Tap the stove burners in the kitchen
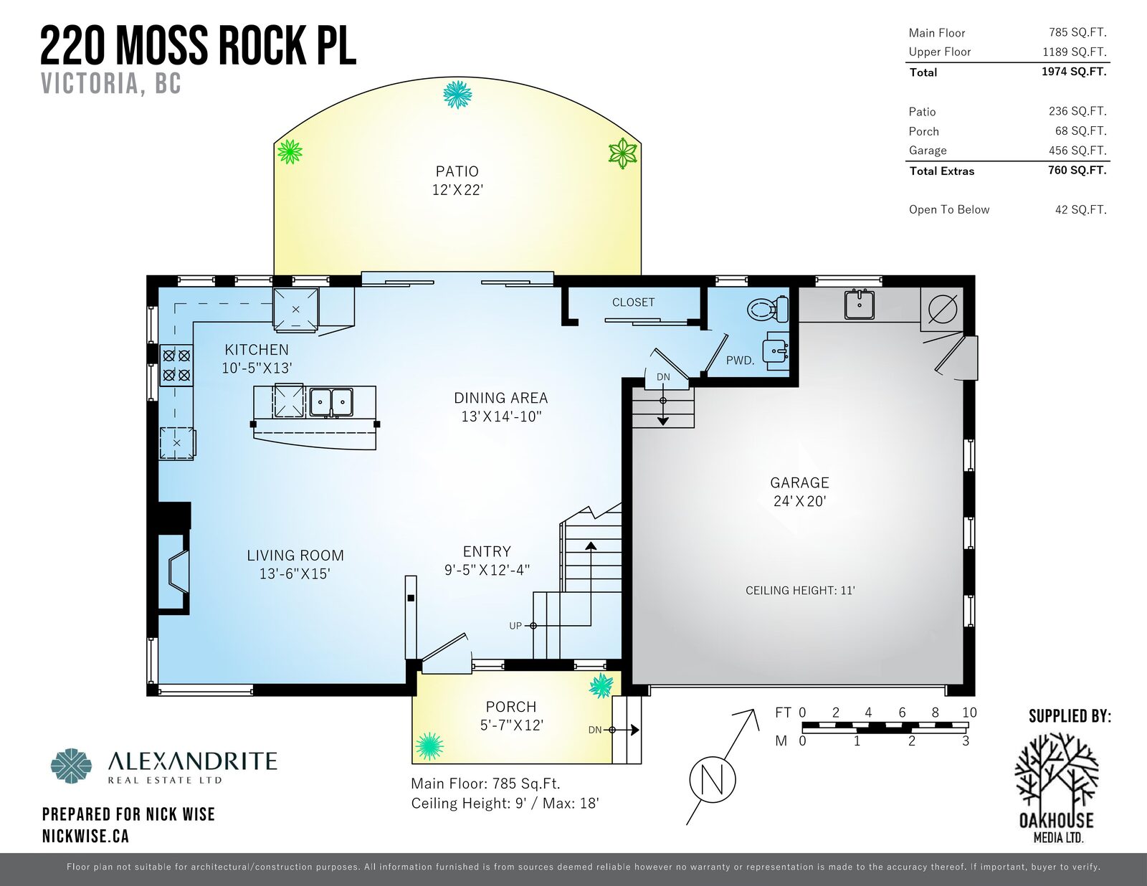[x=176, y=365]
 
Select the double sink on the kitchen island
[x=331, y=402]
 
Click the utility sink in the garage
[x=859, y=304]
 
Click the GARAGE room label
[x=799, y=483]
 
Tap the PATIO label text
[x=457, y=171]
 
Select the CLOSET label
[x=633, y=303]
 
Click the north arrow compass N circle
[x=713, y=779]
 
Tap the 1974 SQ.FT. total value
[x=1073, y=72]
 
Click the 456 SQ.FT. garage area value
[x=1077, y=151]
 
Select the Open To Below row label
[x=948, y=209]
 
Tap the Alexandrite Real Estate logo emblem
[x=72, y=766]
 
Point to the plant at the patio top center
[x=457, y=94]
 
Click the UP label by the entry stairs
[x=515, y=626]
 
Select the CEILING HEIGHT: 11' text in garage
[x=800, y=591]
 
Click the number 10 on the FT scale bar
[x=969, y=713]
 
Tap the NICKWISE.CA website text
[x=85, y=836]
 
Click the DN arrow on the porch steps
[x=634, y=730]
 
